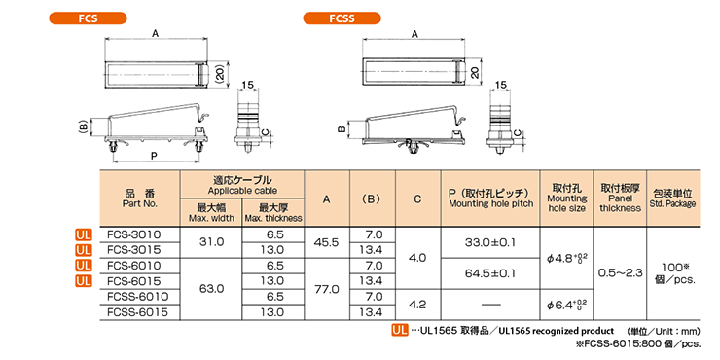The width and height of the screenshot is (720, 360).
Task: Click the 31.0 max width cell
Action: point(212,242)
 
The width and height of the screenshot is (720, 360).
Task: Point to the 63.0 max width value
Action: point(212,288)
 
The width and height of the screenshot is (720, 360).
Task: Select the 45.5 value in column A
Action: point(326,242)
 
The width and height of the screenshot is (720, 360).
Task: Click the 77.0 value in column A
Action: point(326,288)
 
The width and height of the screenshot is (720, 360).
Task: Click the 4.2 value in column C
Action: point(416,304)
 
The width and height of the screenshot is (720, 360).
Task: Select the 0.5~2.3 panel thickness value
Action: point(620,272)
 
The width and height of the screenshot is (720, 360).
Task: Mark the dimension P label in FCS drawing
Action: point(155,156)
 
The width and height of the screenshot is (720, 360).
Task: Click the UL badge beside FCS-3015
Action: point(84,250)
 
